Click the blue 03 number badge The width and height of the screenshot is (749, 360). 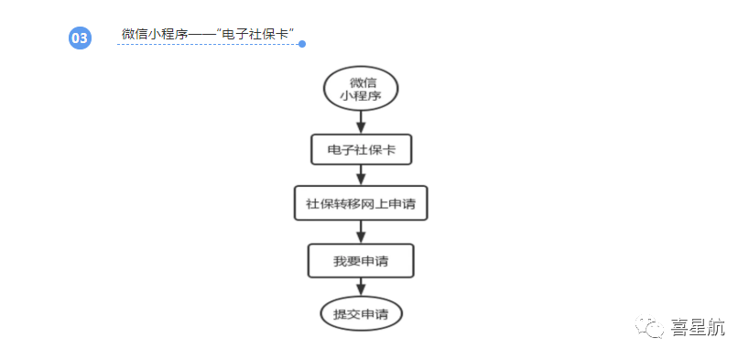80,38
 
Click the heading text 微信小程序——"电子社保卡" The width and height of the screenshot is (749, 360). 207,34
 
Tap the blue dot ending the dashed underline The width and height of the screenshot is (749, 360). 302,43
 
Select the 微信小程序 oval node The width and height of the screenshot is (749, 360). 361,88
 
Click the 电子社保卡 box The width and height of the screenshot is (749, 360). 361,149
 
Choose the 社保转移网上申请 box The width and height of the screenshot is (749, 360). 361,203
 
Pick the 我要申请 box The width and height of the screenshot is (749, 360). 361,261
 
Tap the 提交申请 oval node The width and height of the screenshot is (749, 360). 361,314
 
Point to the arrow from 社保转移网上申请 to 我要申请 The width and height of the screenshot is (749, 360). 361,232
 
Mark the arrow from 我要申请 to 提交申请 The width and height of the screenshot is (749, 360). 361,288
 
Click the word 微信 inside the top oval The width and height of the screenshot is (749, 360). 362,82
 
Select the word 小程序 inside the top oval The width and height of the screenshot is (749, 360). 362,95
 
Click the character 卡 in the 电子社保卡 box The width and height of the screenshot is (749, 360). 388,149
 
